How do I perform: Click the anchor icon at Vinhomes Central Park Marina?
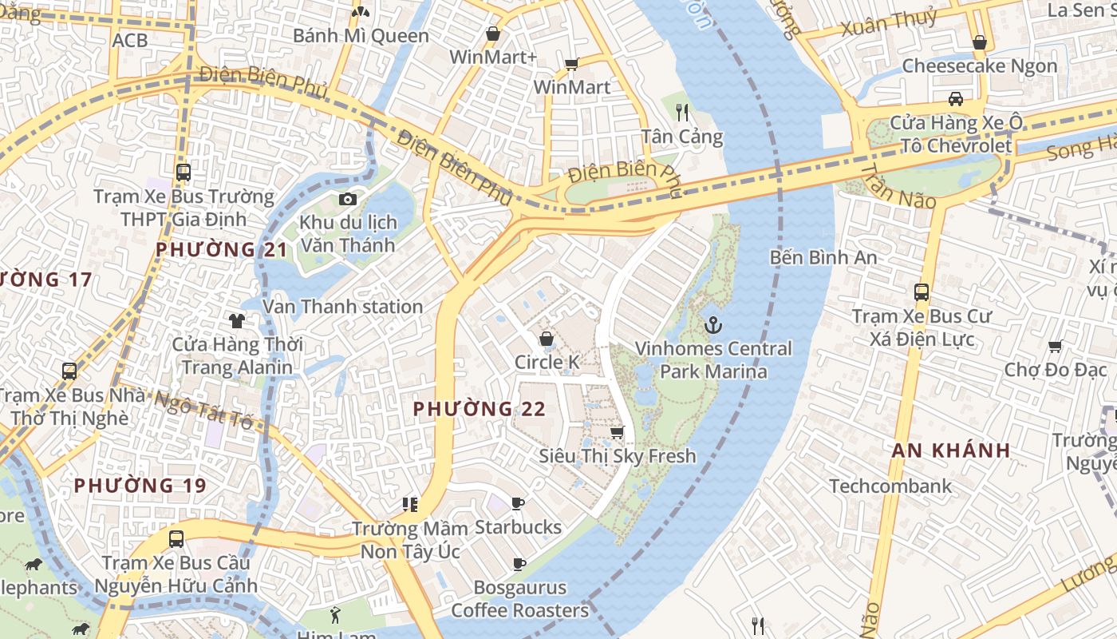713,325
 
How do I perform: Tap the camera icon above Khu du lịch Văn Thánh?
347,199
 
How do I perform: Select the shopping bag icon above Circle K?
547,339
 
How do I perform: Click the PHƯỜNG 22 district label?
479,409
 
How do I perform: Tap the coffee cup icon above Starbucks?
518,503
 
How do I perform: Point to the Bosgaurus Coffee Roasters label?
519,599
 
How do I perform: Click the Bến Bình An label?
823,257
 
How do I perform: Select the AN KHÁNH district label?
951,450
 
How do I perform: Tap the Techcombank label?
890,486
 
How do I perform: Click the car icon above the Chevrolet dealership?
955,99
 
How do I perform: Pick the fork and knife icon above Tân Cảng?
681,112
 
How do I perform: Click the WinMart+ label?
493,57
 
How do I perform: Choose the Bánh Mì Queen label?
361,36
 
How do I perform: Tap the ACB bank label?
130,40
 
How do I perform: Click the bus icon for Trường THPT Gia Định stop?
184,172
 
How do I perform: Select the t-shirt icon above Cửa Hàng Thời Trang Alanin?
237,321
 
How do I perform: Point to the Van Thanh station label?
343,307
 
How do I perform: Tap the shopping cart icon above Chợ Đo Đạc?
1055,346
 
